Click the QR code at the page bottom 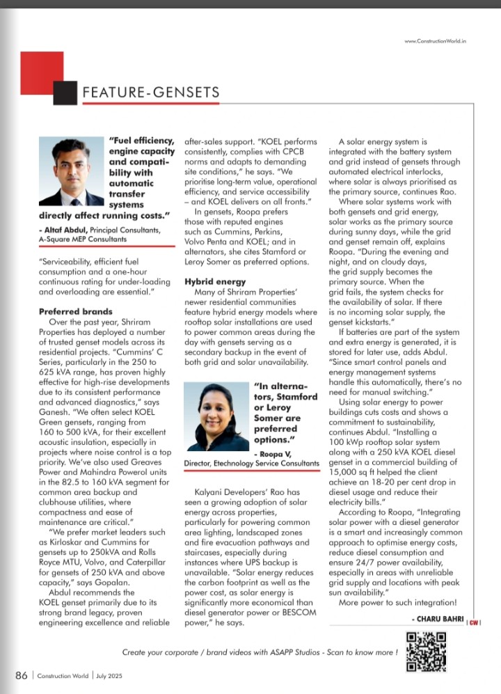pyautogui.click(x=426, y=652)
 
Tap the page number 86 pyautogui.click(x=21, y=675)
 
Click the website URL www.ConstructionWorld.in pyautogui.click(x=435, y=41)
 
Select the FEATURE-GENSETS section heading pyautogui.click(x=151, y=93)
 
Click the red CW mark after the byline pyautogui.click(x=473, y=622)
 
